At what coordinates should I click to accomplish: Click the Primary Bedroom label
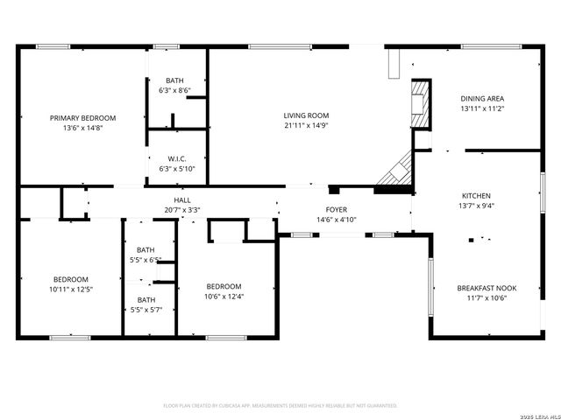click(x=83, y=118)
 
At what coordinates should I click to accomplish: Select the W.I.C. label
click(x=176, y=158)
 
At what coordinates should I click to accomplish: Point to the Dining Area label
click(x=482, y=98)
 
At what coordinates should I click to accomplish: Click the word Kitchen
click(x=476, y=196)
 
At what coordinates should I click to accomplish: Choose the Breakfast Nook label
click(x=482, y=287)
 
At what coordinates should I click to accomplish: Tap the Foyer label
click(x=337, y=210)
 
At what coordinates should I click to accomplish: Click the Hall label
click(x=182, y=200)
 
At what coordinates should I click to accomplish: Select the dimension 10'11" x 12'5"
click(x=71, y=289)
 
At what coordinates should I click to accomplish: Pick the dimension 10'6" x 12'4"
click(x=224, y=296)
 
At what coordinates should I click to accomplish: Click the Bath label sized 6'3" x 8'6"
click(x=175, y=80)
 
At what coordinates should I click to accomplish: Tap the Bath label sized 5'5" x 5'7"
click(x=146, y=300)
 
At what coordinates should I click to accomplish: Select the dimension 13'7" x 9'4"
click(x=476, y=206)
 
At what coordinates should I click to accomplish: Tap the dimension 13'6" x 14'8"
click(x=83, y=128)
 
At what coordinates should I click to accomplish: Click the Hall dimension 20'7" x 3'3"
click(x=182, y=210)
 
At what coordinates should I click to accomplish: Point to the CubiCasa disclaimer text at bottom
click(x=280, y=406)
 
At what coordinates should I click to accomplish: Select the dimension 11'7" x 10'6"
click(x=482, y=297)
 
